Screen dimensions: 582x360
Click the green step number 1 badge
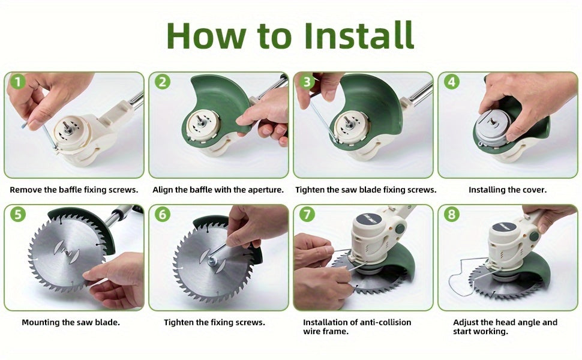(18, 82)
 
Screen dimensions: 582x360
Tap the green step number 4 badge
(452, 82)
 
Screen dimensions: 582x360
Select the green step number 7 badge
(307, 214)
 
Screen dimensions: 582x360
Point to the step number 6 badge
(162, 214)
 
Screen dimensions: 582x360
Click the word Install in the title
(359, 35)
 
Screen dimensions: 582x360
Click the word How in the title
(206, 35)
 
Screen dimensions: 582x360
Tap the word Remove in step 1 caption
(26, 190)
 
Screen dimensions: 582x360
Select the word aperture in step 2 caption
(265, 190)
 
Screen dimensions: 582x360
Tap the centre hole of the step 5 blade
(67, 252)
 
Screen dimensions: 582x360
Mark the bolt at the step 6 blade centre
(212, 261)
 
